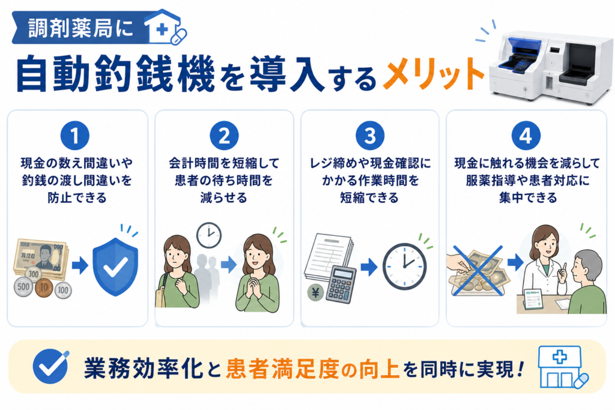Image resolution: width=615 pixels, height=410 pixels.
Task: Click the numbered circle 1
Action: pos(74,136)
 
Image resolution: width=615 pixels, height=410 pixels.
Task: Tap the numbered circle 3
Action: pos(370,136)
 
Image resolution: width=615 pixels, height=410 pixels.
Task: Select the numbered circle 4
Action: pos(526,136)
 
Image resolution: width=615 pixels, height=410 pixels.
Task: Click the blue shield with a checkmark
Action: pos(115,267)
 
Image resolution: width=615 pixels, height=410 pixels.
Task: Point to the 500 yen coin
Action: pos(23,286)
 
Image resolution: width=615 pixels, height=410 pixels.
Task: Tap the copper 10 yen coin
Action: pos(43,288)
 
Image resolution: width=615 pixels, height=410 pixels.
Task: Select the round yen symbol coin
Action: pos(316,292)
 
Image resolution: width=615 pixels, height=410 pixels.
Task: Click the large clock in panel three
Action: pos(404,267)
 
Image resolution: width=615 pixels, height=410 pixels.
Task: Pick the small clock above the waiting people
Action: pos(208,235)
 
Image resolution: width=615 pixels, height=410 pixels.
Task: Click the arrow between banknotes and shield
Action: pos(80,265)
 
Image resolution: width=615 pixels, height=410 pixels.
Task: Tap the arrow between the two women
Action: pos(229,265)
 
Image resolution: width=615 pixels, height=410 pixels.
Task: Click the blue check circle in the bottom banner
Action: pos(50,367)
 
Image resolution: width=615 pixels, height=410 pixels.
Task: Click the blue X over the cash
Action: pos(477,270)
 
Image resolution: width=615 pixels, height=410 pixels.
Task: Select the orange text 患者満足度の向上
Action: pos(312,369)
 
